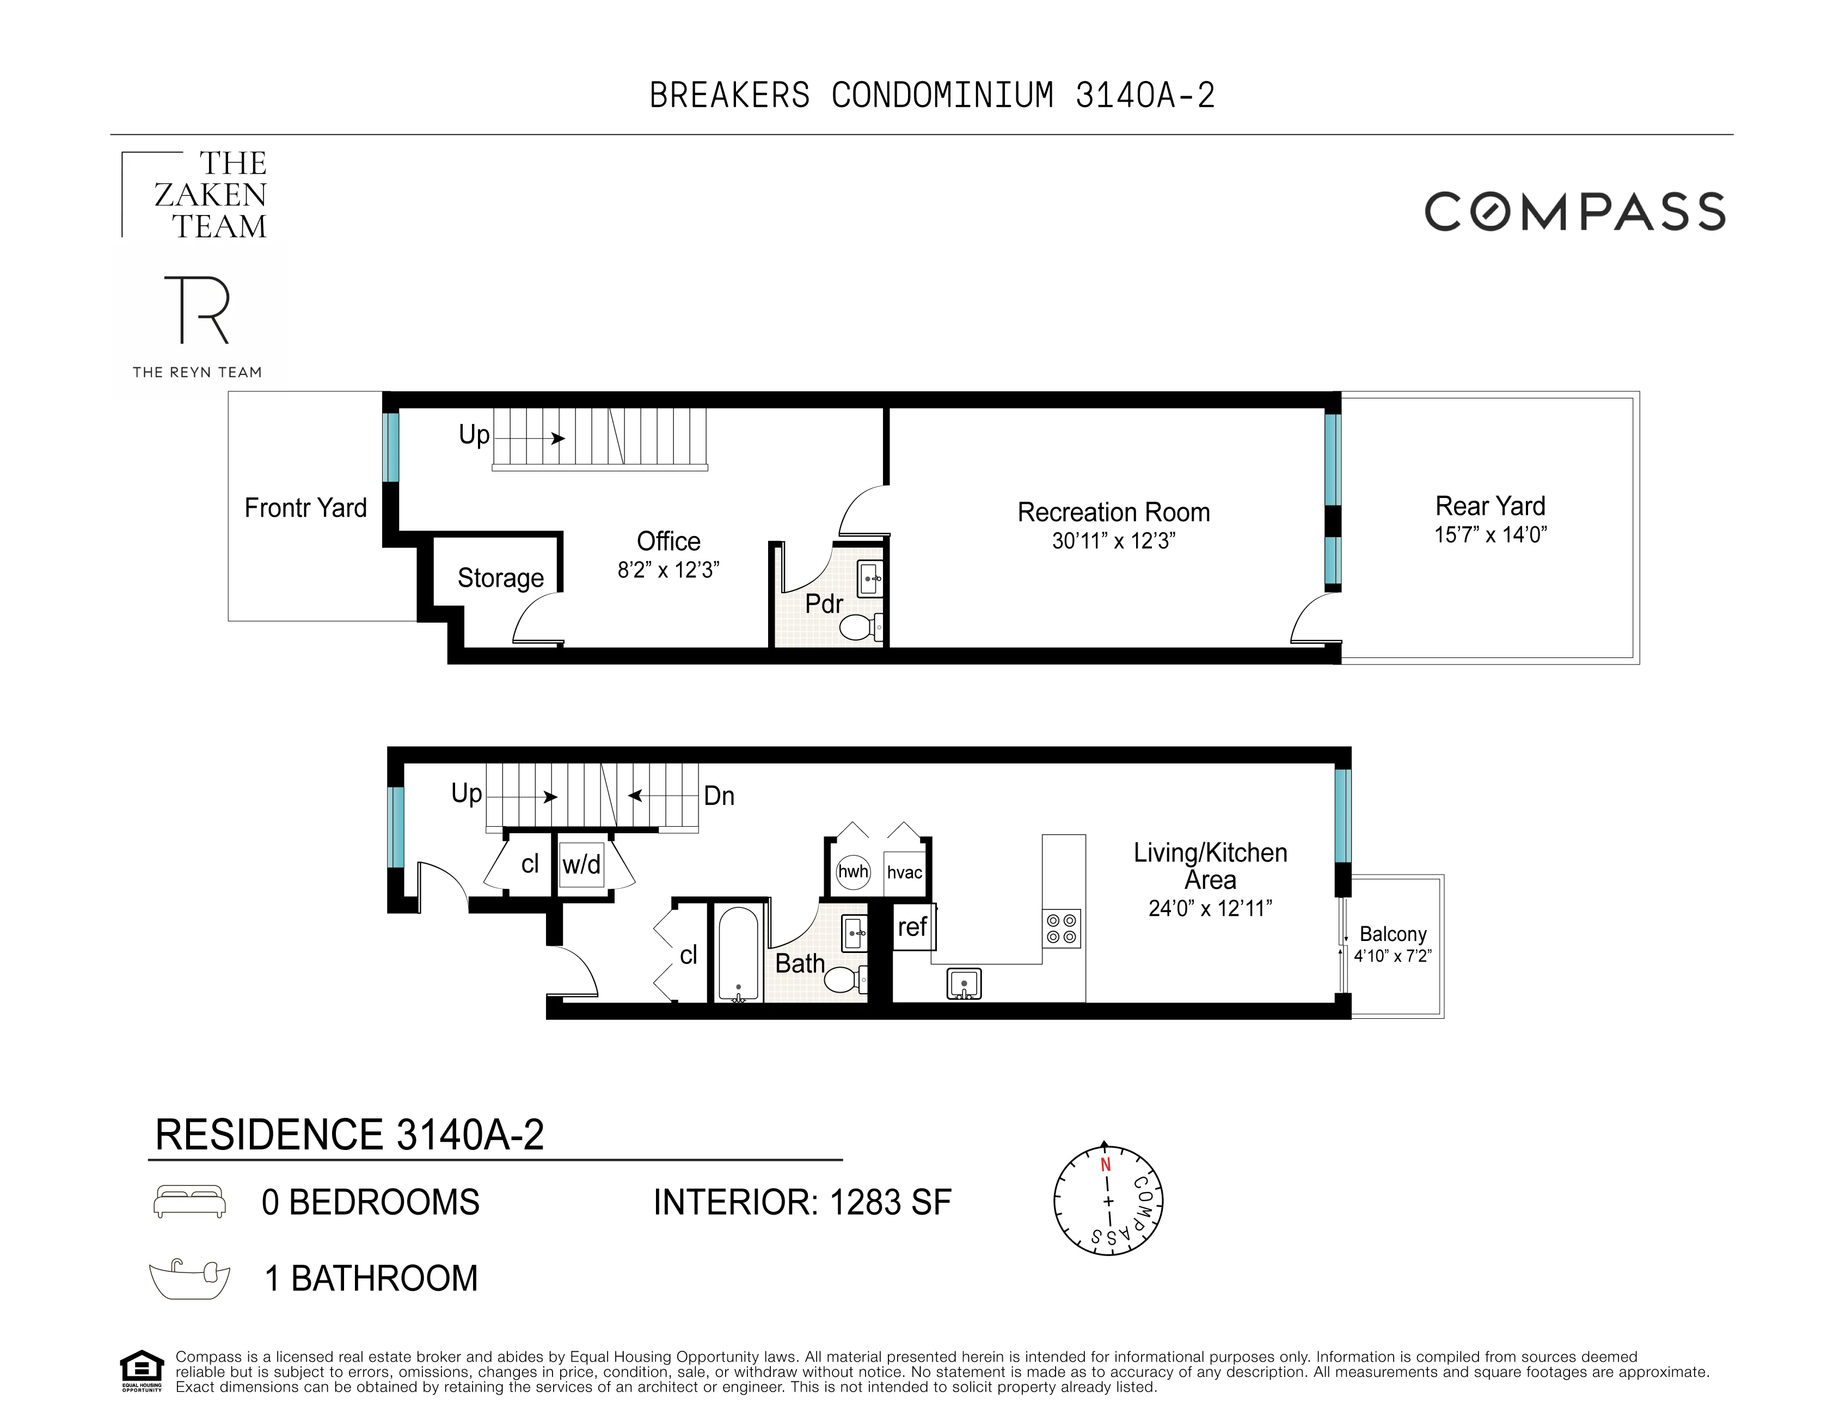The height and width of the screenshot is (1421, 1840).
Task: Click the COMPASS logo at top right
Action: point(1574,211)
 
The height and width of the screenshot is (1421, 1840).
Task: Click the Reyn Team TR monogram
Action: point(197,310)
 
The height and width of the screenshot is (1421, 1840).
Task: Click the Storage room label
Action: point(500,578)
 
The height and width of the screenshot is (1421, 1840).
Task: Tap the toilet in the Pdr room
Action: point(860,627)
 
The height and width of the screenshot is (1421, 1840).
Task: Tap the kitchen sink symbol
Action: point(964,983)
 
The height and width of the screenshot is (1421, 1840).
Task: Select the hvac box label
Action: point(904,872)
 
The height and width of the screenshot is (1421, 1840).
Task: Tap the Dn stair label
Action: point(719,796)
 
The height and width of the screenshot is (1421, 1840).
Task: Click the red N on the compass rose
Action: point(1105,1165)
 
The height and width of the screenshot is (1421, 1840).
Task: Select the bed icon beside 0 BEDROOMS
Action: point(189,1201)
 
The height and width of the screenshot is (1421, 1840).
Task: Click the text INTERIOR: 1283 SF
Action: point(802,1202)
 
